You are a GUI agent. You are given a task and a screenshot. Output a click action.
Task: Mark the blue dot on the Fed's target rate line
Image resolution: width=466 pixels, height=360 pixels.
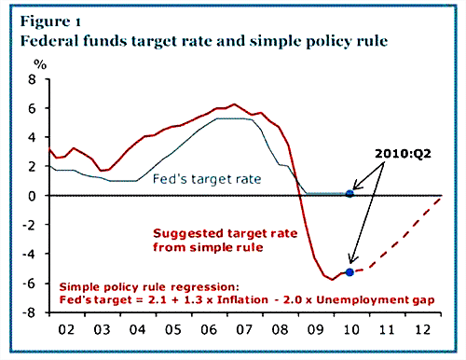(349, 193)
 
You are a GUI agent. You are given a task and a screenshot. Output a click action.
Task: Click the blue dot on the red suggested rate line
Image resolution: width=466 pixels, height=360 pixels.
(349, 272)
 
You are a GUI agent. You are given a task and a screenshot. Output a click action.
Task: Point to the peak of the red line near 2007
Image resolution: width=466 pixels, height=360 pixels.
(233, 104)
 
